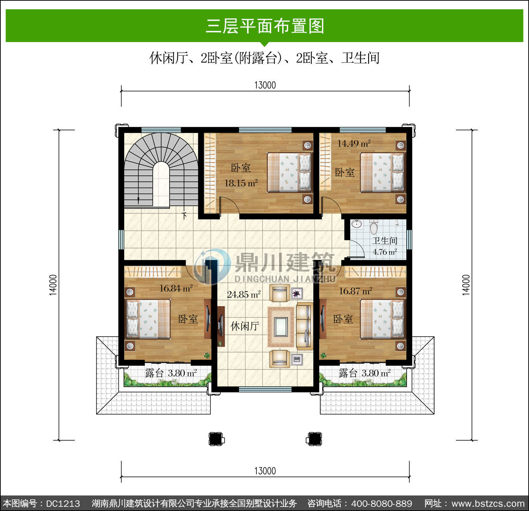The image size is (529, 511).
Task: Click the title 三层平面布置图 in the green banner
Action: (x=265, y=26)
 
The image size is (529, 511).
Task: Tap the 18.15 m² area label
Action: (x=241, y=183)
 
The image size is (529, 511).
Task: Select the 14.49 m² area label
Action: (x=354, y=143)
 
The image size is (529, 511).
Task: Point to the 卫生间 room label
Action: (x=385, y=241)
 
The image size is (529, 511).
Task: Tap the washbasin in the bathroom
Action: (x=357, y=224)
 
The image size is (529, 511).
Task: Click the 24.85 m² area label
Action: (x=244, y=294)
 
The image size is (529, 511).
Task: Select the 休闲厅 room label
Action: (x=245, y=326)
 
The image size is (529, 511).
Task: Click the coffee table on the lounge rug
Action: (x=281, y=326)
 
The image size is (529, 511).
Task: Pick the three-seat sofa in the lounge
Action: (x=304, y=326)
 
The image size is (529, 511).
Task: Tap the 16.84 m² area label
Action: (x=176, y=288)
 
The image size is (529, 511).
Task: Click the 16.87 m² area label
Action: (x=355, y=291)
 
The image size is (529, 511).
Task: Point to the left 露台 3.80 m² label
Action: (x=171, y=373)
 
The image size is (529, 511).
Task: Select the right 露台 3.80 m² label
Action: (x=365, y=373)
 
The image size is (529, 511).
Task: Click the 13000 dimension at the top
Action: (x=265, y=85)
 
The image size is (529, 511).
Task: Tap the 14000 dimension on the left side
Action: (x=53, y=285)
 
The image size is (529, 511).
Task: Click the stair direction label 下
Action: (x=184, y=216)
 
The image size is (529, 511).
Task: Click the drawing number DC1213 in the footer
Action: (x=63, y=504)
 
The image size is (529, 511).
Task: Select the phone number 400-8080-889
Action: (x=382, y=504)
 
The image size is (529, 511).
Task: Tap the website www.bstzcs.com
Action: (x=488, y=504)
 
